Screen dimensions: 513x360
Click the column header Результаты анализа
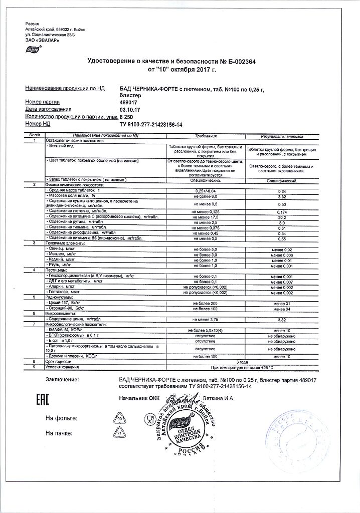[x=281, y=136]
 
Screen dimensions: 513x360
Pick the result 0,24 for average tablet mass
[x=281, y=191]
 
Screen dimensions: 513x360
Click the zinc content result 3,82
[x=281, y=319]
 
